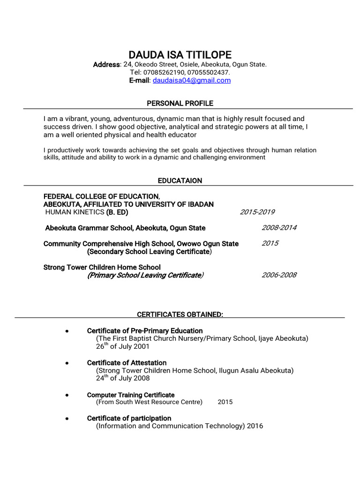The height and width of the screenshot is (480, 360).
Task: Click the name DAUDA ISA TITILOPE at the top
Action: [x=180, y=55]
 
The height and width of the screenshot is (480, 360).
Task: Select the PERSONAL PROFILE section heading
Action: [x=180, y=103]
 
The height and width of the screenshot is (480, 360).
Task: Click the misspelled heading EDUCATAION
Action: [x=180, y=180]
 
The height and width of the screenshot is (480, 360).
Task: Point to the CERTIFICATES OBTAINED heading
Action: [x=180, y=314]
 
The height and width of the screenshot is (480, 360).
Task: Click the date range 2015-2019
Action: [x=257, y=212]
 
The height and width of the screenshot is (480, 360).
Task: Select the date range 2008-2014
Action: [x=279, y=228]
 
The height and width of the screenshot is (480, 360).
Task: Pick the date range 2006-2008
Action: [x=279, y=275]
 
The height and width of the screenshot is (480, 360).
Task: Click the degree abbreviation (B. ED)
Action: [x=117, y=212]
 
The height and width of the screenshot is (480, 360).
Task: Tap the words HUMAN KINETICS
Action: [x=75, y=212]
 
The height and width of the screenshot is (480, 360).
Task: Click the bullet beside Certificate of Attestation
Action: [x=67, y=363]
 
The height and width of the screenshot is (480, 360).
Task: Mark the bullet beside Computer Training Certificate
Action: [x=67, y=395]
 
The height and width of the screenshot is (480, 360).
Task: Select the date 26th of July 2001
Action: [x=123, y=346]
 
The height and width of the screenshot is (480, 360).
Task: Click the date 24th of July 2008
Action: [x=123, y=378]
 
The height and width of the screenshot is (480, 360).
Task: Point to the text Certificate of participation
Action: [x=129, y=418]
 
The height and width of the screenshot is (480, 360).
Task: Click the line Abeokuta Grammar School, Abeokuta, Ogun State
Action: [x=125, y=228]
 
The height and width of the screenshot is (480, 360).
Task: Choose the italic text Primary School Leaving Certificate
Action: [x=145, y=275]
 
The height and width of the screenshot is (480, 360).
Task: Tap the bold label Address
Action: [x=106, y=64]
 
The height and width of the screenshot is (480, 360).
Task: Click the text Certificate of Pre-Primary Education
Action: [x=145, y=331]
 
